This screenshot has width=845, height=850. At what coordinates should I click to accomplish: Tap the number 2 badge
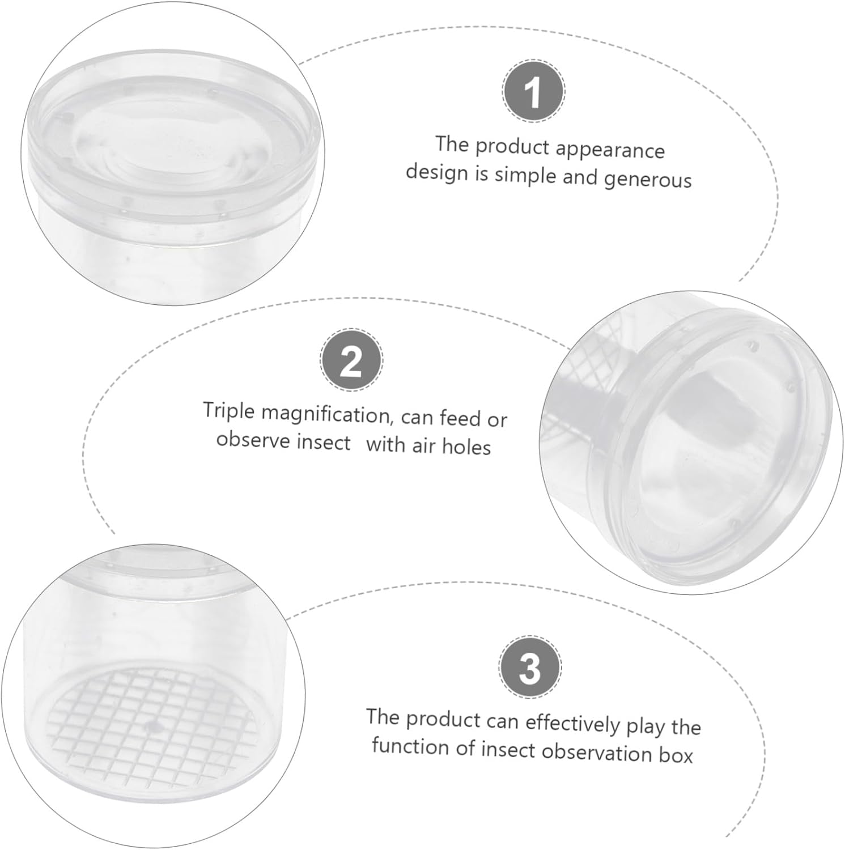(x=351, y=360)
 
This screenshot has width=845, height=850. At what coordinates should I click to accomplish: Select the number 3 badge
(x=530, y=666)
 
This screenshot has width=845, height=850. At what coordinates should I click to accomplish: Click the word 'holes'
(x=466, y=447)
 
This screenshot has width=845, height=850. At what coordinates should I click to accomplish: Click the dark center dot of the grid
(x=151, y=725)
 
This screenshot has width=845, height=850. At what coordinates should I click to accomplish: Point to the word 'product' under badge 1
(x=512, y=147)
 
